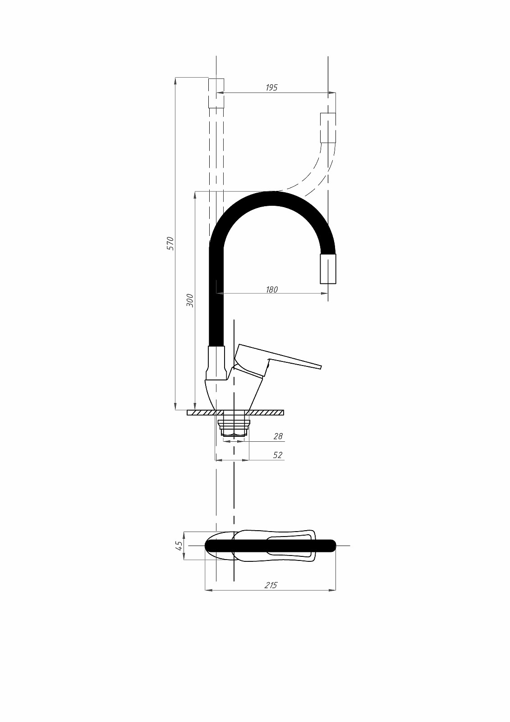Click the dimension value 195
click(x=271, y=88)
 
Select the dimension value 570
click(x=170, y=243)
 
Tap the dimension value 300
click(x=190, y=301)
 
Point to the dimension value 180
click(x=271, y=289)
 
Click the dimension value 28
click(x=278, y=436)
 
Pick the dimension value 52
click(x=277, y=455)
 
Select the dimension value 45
click(x=179, y=546)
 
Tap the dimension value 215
click(x=271, y=585)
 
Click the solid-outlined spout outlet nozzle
click(x=328, y=269)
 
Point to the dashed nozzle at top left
click(x=216, y=93)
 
